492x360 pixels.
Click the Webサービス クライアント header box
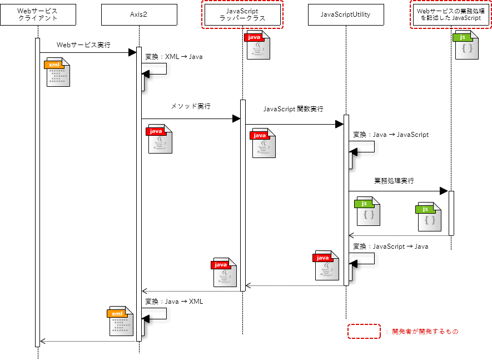(x=38, y=14)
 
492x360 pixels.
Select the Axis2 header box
(x=139, y=14)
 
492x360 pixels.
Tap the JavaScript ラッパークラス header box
(x=242, y=14)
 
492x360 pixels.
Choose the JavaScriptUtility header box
(x=346, y=14)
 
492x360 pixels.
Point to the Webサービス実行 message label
(x=83, y=45)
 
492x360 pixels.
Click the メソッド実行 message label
(x=191, y=106)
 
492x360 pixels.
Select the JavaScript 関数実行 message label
(x=293, y=109)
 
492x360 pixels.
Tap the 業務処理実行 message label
(x=394, y=181)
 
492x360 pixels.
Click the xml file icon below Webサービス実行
(x=58, y=72)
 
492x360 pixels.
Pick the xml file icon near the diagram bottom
(x=121, y=321)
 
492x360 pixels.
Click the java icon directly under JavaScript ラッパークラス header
(x=258, y=45)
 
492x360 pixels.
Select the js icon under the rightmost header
(x=466, y=45)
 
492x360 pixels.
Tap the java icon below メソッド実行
(x=160, y=139)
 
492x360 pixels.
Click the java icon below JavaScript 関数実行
(x=264, y=144)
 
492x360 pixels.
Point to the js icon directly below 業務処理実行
(x=368, y=211)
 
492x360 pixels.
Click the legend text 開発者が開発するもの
(x=425, y=332)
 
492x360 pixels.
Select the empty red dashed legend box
(x=364, y=332)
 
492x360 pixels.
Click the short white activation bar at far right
(x=451, y=213)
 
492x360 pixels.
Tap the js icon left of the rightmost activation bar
(x=429, y=217)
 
